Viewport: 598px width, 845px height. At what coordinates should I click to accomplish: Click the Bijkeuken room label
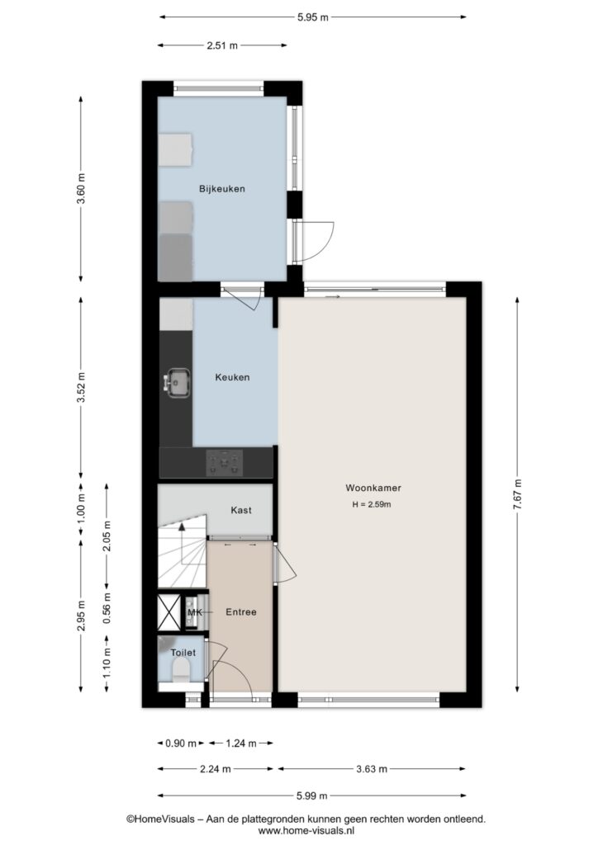pos(221,189)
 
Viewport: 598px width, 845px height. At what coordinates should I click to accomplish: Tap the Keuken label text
pos(232,377)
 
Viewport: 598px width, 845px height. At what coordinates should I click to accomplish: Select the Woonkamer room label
pos(373,488)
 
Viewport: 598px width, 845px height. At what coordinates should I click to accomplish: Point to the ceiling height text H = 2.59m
pos(372,504)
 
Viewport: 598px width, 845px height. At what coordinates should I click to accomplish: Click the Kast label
pos(241,510)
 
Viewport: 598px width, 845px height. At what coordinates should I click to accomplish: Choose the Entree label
pos(241,611)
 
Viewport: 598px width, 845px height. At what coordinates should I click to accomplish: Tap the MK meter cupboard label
pos(195,612)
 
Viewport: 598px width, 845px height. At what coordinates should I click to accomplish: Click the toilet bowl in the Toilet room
pos(181,672)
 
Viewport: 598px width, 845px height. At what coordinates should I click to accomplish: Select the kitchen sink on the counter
pos(178,383)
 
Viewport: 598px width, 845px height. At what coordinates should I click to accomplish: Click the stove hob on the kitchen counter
pos(225,463)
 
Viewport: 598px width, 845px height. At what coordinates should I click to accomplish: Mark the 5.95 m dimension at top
pos(313,17)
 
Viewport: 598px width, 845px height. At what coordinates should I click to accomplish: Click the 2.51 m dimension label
pos(222,46)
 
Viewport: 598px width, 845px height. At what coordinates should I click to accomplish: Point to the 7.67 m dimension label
pos(518,494)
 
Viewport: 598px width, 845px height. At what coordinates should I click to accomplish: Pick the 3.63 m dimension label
pos(372,769)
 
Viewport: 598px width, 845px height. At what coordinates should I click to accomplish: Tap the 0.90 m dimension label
pos(181,744)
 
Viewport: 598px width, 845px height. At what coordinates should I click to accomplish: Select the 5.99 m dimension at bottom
pos(311,795)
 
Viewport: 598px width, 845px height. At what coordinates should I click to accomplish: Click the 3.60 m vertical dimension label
pos(81,189)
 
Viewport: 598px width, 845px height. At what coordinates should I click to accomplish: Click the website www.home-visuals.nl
pos(306,831)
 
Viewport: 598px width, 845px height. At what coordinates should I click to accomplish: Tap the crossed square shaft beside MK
pos(168,612)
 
